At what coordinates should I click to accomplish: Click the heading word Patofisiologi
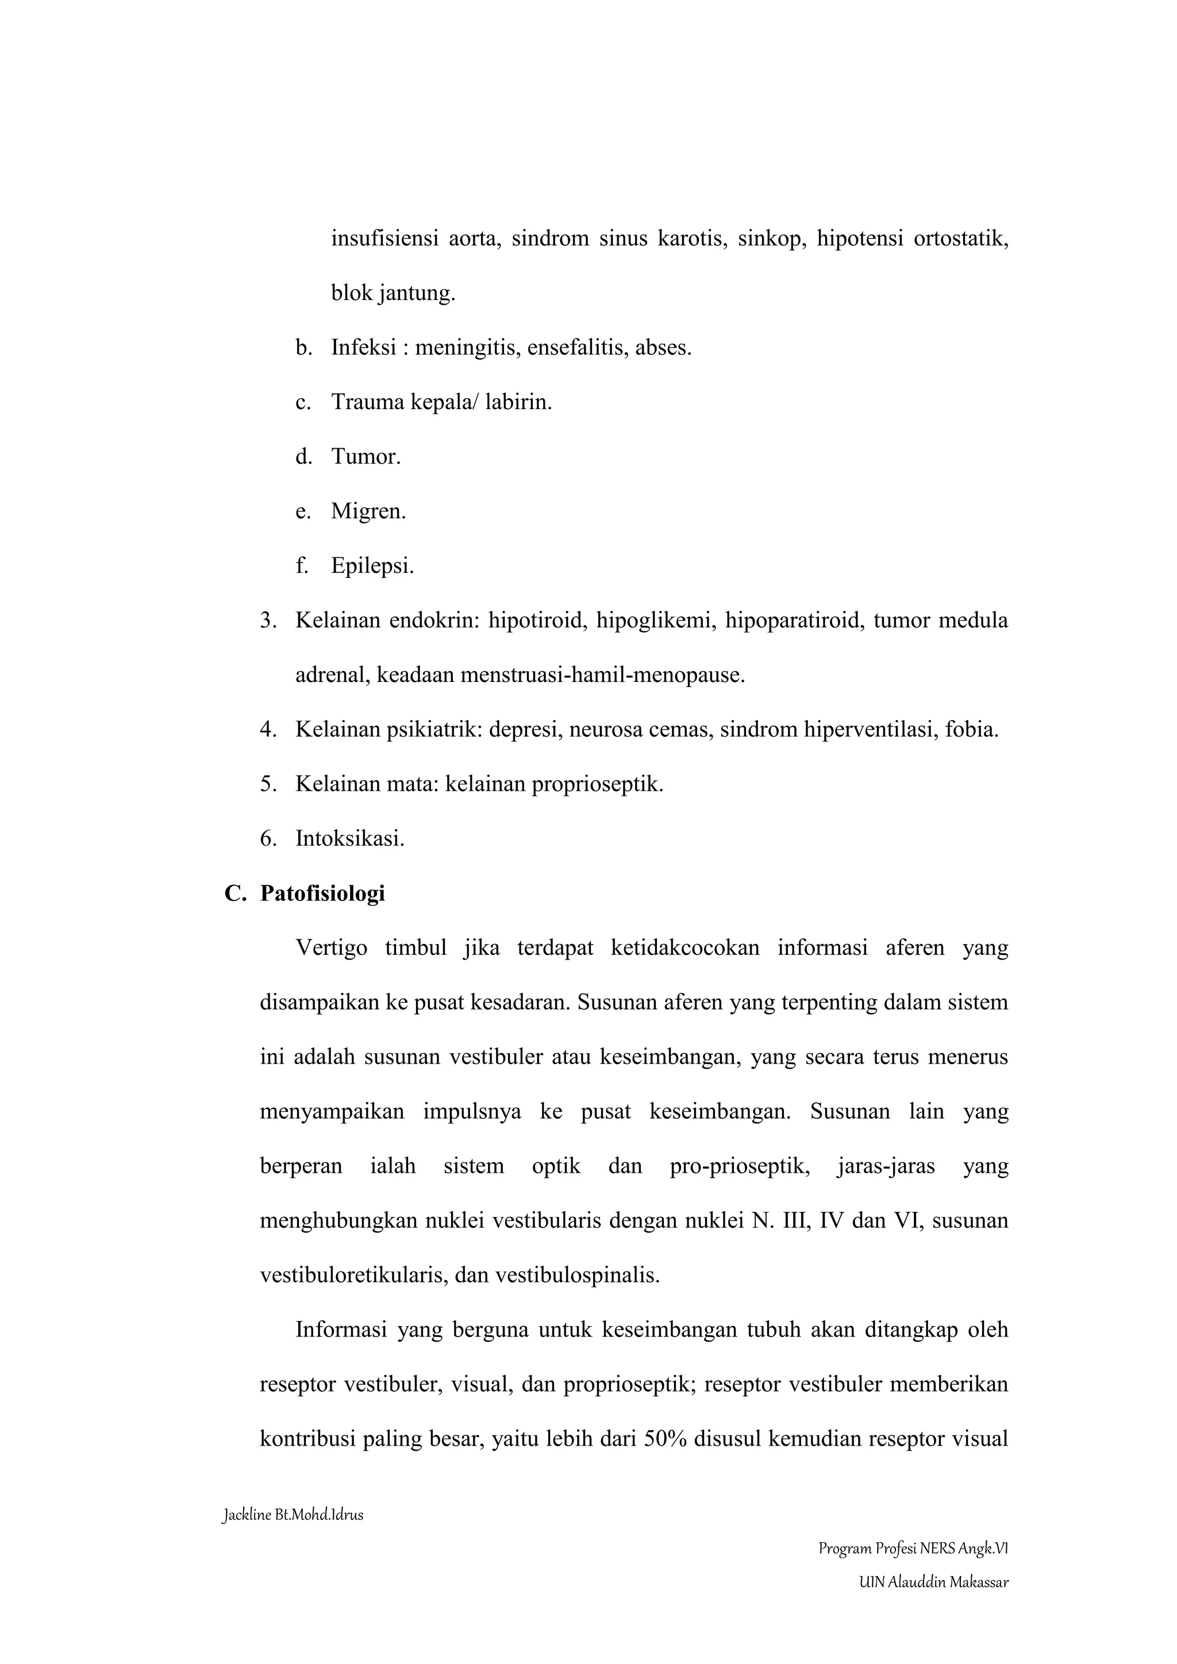(322, 893)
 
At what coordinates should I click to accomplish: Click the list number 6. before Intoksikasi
(268, 839)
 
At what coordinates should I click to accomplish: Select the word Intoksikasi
(349, 839)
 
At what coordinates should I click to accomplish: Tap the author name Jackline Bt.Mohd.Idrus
(293, 1515)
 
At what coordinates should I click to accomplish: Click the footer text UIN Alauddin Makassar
(933, 1583)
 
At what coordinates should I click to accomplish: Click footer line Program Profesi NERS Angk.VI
(913, 1550)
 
